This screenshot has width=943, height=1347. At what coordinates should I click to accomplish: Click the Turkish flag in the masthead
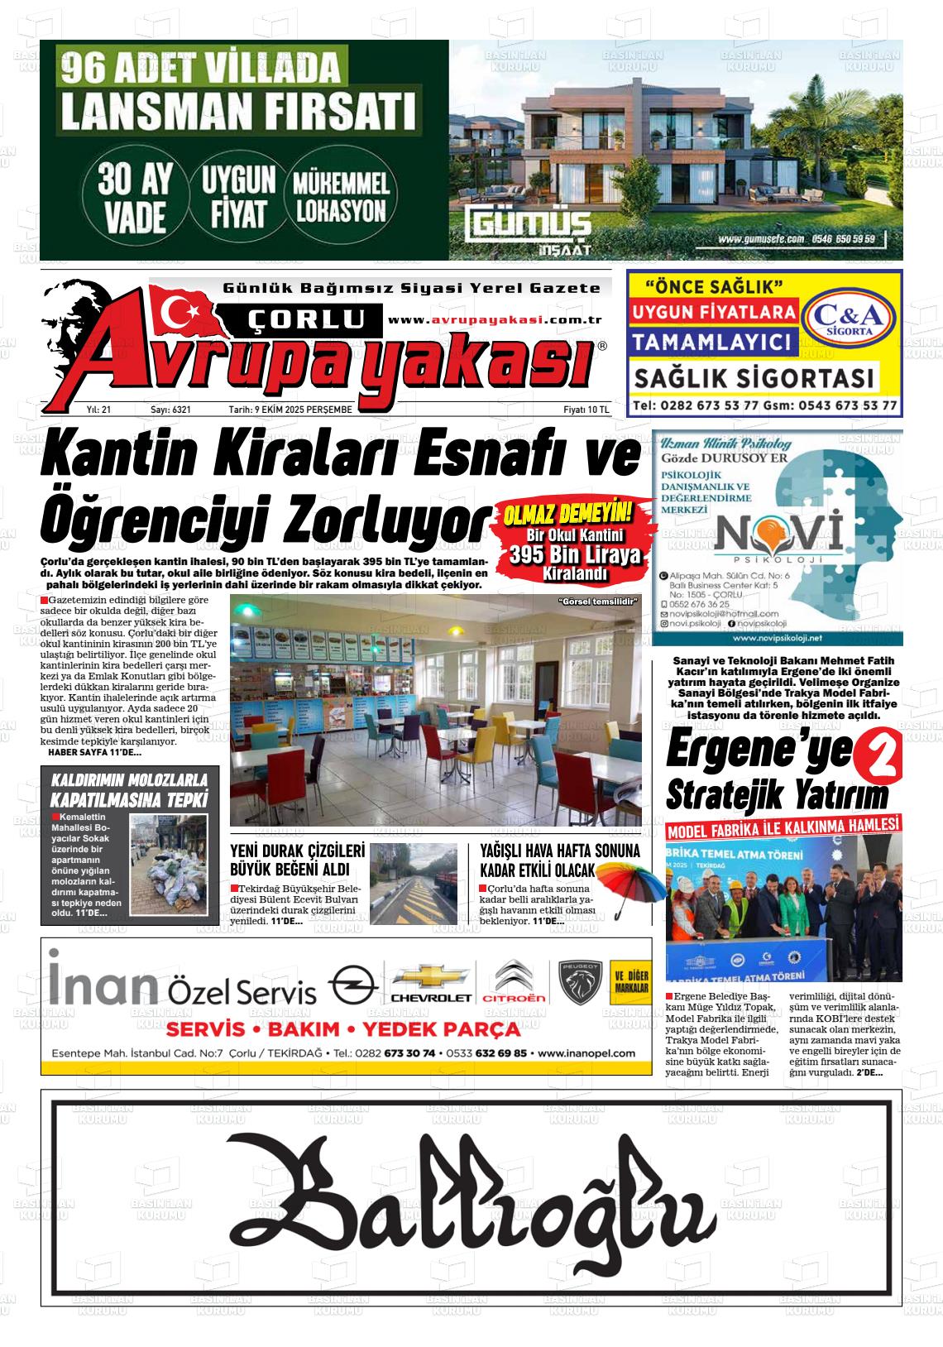click(x=183, y=312)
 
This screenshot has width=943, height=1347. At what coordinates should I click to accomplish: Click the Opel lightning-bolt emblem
click(x=352, y=986)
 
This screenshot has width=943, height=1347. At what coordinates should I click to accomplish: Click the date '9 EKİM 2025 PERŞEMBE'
click(x=290, y=410)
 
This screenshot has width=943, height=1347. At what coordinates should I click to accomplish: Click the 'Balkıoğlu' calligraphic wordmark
click(x=471, y=1194)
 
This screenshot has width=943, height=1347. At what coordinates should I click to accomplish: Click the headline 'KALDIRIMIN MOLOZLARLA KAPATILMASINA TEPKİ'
click(x=130, y=789)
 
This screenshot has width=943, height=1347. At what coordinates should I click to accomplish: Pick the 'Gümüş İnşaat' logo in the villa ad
click(x=529, y=231)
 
